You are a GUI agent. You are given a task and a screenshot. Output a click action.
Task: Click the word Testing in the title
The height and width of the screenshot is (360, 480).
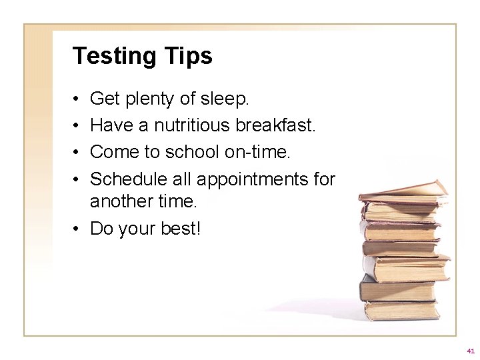coord(112,56)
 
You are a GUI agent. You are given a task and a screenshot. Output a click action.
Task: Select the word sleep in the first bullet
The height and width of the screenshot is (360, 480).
coord(226,100)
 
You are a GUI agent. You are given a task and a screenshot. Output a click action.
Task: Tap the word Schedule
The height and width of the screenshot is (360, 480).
coord(127,178)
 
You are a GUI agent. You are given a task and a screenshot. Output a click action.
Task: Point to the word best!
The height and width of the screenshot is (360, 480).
coord(180,229)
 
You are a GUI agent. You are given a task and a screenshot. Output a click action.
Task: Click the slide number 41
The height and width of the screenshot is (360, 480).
coord(471,350)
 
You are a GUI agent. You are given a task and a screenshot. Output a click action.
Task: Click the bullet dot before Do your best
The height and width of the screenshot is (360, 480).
coord(77,229)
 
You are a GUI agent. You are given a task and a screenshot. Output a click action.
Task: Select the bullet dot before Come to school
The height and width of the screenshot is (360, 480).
coord(77,153)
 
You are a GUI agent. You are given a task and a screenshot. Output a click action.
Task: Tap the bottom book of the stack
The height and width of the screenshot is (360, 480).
coord(400,310)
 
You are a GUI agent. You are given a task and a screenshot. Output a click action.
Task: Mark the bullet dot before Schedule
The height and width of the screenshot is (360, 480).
coord(77,179)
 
